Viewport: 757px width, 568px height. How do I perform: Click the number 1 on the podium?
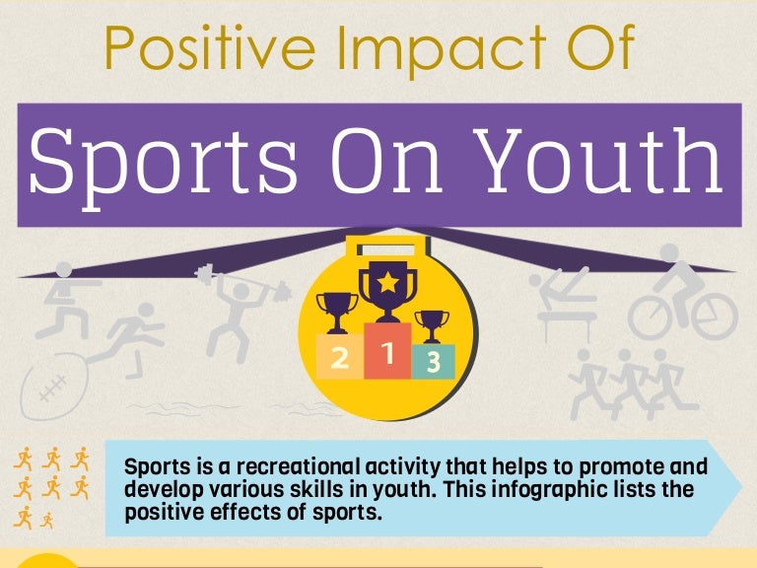click(387, 352)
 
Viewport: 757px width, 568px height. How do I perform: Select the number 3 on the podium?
click(433, 363)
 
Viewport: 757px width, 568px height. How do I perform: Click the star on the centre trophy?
click(387, 284)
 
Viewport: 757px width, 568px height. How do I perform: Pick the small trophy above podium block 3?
click(432, 324)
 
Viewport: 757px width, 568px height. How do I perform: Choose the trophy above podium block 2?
click(336, 311)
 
